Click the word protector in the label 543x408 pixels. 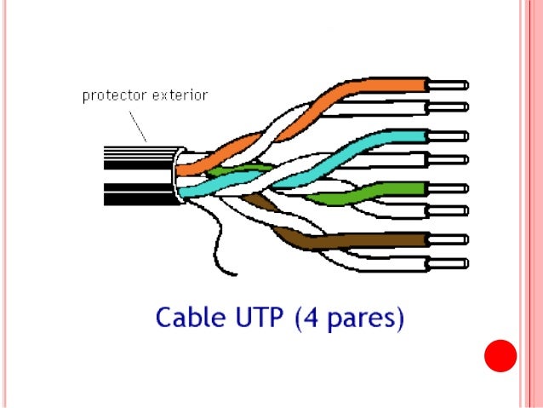tap(112, 95)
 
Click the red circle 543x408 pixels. tap(500, 356)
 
